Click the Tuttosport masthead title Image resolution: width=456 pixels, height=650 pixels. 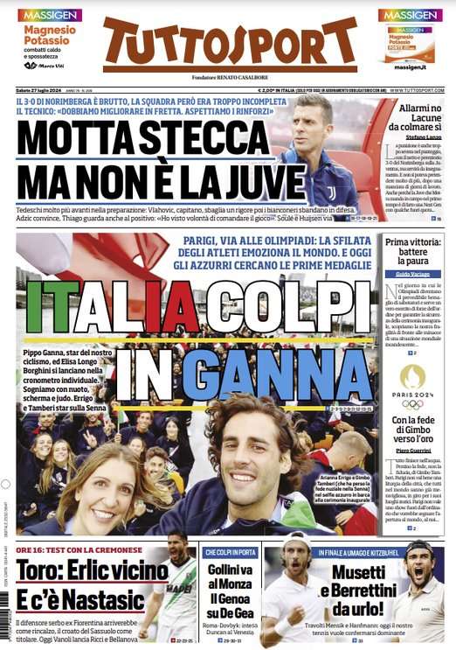click(x=230, y=45)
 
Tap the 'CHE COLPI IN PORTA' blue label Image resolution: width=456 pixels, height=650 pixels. click(x=230, y=552)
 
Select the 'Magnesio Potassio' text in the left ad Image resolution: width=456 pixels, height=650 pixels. click(x=50, y=35)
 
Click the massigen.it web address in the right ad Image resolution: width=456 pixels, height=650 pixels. click(x=409, y=66)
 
